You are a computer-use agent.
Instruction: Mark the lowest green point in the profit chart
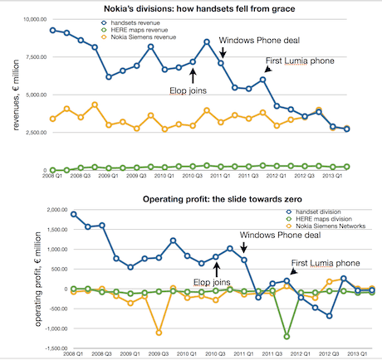286,337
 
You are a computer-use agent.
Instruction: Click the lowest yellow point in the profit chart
159,333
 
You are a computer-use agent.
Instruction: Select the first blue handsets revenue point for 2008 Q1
52,30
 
